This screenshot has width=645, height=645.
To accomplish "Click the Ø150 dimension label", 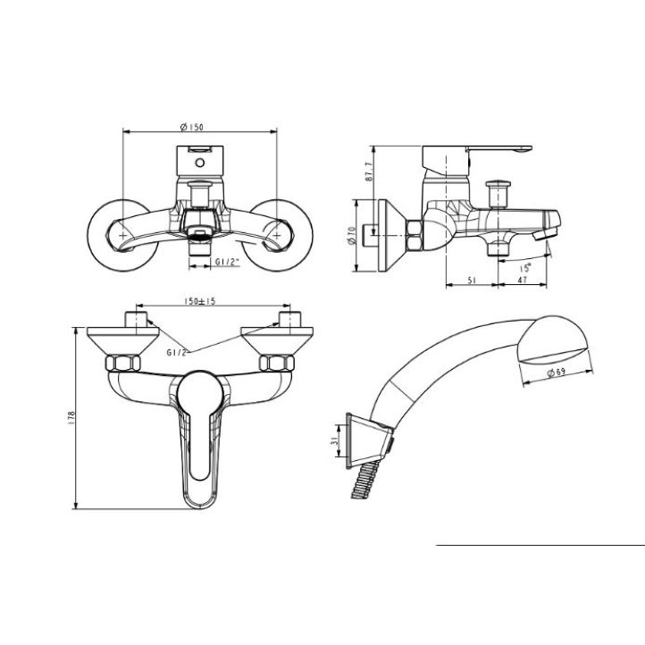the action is point(192,127).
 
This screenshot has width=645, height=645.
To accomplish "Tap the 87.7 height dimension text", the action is point(369,172).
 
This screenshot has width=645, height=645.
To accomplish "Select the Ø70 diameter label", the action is point(351,236).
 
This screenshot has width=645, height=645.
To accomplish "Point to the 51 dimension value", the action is point(472,281).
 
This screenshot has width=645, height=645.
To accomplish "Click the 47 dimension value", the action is point(522,281).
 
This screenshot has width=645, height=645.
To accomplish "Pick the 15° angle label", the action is point(525,268).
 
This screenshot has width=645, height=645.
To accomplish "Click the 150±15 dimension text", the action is point(200,301).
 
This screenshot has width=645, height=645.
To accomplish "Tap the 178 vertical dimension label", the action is point(72,417).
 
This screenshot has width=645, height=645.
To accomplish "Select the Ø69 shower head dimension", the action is point(557,373).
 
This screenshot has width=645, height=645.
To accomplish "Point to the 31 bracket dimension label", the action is point(334,441).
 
